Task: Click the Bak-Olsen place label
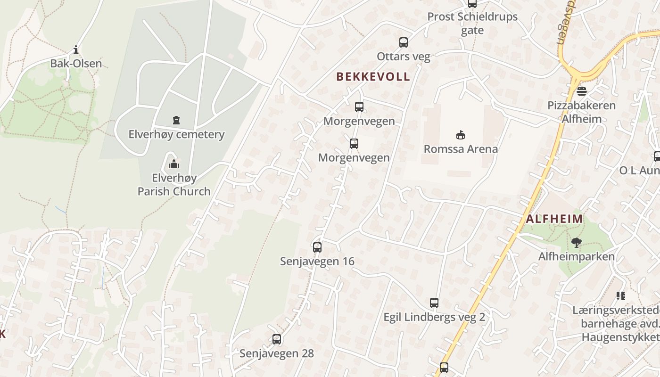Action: click(76, 63)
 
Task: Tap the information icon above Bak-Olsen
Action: click(76, 50)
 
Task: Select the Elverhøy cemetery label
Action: click(176, 134)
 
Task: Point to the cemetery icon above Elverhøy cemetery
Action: click(176, 120)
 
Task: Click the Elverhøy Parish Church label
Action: click(174, 185)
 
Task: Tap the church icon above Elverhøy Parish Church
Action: click(174, 164)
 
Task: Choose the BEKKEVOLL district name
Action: click(372, 77)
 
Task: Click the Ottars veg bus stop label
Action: click(404, 57)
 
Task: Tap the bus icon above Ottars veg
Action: click(404, 42)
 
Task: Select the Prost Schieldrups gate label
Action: click(472, 23)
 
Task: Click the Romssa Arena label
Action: click(461, 149)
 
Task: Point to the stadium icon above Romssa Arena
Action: click(461, 135)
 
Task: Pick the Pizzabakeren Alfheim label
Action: click(581, 112)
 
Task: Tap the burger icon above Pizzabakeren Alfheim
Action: click(581, 91)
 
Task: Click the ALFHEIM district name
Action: click(554, 219)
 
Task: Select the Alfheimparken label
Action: click(577, 256)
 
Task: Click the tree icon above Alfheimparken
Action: click(576, 243)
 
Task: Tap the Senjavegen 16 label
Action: click(317, 261)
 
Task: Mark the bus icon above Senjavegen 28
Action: click(277, 339)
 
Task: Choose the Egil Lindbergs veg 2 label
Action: click(434, 317)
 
